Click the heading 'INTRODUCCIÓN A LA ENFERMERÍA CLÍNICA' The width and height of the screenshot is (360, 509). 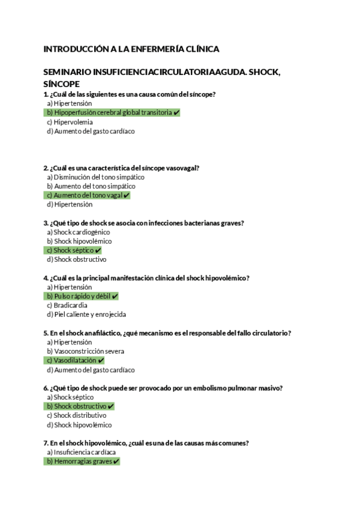point(131,49)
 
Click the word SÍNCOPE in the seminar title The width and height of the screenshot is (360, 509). point(62,83)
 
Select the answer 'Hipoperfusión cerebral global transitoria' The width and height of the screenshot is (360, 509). point(113,112)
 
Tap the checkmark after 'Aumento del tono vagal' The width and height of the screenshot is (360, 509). point(127,195)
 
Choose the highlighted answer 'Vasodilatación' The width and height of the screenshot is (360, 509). point(75,360)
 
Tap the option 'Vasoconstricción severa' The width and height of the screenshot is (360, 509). point(87,351)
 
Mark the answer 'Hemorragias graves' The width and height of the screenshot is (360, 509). point(83,462)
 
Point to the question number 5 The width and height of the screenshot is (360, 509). point(46,333)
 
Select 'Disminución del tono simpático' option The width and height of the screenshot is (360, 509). point(95,177)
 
